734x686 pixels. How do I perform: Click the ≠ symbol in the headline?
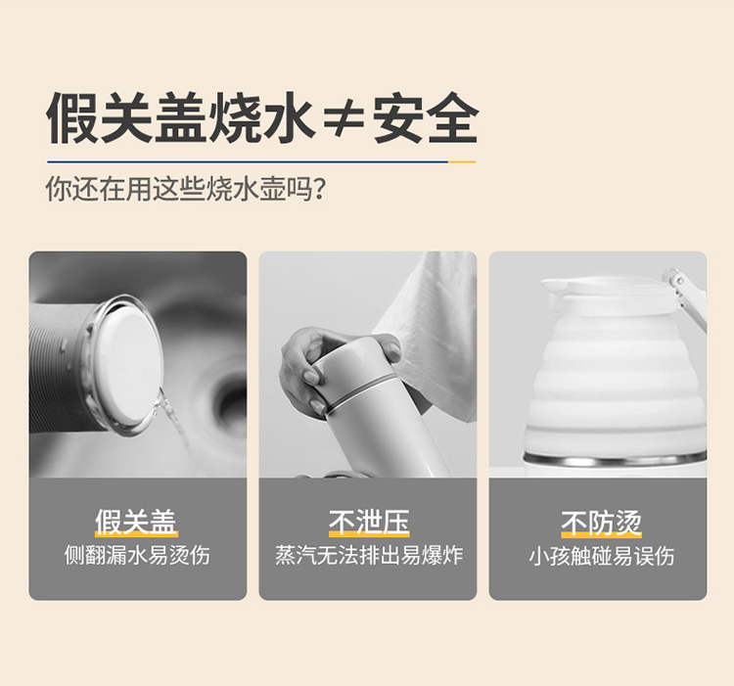(344, 118)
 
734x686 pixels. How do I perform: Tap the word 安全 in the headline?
(426, 117)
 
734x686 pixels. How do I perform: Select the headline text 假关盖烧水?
(180, 117)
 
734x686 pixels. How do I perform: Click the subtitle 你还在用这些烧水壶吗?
(185, 189)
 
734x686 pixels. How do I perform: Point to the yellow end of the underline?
(462, 161)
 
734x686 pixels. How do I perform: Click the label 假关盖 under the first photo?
(136, 522)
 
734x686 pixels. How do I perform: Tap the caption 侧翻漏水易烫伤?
(137, 556)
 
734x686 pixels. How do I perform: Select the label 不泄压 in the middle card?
(369, 522)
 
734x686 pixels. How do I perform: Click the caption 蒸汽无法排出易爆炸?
(369, 556)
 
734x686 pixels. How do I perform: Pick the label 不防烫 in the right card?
(601, 523)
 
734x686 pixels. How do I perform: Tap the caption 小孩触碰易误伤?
(602, 556)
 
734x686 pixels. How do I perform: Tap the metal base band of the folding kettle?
(615, 461)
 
